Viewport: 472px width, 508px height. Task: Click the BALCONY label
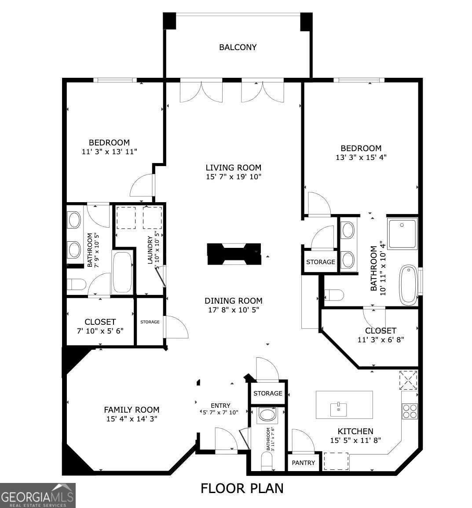point(238,47)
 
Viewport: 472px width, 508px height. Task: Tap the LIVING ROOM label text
point(233,167)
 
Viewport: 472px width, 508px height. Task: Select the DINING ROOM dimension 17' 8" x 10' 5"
point(233,310)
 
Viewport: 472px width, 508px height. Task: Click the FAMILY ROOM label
point(132,410)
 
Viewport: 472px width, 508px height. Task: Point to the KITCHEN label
point(355,431)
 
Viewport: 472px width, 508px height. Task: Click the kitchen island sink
point(338,410)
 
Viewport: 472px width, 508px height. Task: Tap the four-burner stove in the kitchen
point(410,411)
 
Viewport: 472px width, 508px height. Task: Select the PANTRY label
point(304,463)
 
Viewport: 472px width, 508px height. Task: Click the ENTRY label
point(220,406)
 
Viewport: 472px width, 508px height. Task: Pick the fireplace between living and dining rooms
point(234,254)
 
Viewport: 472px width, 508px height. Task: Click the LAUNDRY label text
point(150,250)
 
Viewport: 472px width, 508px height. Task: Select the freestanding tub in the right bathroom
point(408,285)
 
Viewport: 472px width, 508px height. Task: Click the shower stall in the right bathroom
point(402,233)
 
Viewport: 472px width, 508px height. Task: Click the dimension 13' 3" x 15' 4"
point(361,157)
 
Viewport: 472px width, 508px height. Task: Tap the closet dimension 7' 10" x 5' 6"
point(100,331)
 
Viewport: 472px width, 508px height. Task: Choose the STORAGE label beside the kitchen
point(267,393)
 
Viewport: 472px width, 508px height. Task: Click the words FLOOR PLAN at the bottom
point(242,488)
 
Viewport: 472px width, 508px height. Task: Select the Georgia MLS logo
point(38,495)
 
